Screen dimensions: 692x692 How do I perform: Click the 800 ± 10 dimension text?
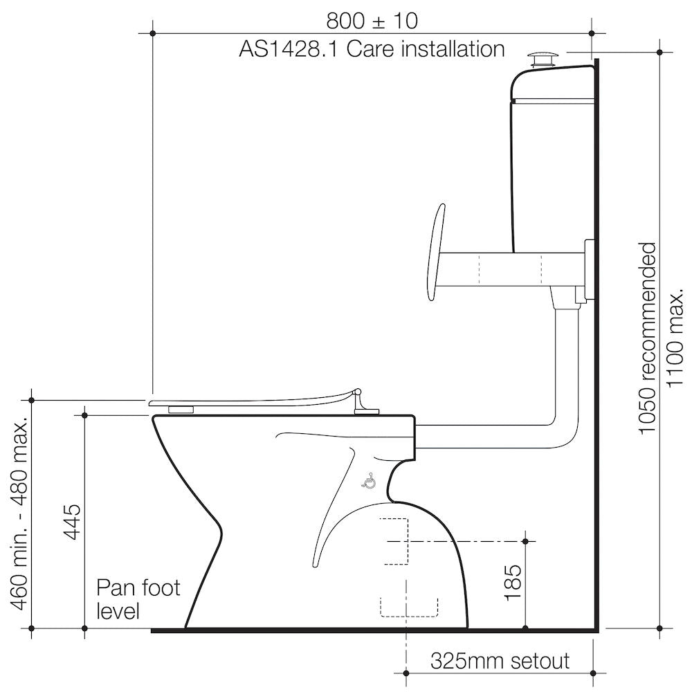[372, 20]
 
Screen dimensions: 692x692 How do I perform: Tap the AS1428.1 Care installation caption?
[372, 48]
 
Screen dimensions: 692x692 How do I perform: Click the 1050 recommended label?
[648, 338]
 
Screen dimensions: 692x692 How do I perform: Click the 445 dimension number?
[71, 521]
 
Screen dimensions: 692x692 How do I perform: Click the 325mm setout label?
[500, 661]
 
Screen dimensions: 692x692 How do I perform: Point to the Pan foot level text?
[138, 599]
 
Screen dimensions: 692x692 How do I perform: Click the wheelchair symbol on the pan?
[369, 481]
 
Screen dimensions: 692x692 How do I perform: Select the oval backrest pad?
[435, 252]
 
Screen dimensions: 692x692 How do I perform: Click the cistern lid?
[552, 84]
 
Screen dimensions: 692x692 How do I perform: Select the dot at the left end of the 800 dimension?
[153, 33]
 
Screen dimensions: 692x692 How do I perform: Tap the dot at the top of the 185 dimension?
[525, 541]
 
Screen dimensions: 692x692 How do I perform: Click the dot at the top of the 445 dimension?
[84, 415]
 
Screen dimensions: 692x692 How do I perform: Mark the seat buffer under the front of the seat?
[181, 410]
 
